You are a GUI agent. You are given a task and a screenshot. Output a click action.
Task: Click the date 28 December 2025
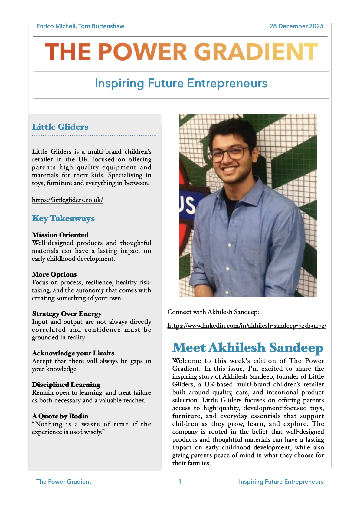tap(296, 26)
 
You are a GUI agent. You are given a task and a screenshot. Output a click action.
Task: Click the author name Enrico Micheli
tap(56, 26)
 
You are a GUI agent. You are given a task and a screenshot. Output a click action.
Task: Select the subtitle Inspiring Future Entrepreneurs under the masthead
tap(181, 84)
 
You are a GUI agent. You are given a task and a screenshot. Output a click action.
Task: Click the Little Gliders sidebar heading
tap(60, 127)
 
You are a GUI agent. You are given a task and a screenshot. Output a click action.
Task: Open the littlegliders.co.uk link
tap(67, 200)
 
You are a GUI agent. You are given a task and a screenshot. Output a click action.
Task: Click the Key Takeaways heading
tap(63, 218)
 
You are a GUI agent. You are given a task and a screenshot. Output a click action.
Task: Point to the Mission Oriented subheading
tap(60, 235)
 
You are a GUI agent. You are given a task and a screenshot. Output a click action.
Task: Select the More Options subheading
tap(54, 274)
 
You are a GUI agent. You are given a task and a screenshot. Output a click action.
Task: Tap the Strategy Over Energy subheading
tap(67, 314)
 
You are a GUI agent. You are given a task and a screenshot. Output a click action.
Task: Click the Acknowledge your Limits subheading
tap(73, 353)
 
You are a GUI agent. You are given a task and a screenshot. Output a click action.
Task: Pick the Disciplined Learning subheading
tap(66, 385)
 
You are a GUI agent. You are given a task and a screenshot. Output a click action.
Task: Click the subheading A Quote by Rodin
tap(60, 416)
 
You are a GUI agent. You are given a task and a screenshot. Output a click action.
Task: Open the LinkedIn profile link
tap(247, 326)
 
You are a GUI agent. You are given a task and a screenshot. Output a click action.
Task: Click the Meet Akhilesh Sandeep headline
tap(248, 348)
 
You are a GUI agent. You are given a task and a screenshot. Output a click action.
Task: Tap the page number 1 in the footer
tap(180, 482)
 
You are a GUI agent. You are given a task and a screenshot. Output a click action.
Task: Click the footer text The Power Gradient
tap(64, 482)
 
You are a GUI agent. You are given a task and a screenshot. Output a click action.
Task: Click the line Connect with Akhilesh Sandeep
tap(213, 312)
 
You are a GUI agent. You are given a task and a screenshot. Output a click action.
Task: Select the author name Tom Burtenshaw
tap(101, 26)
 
